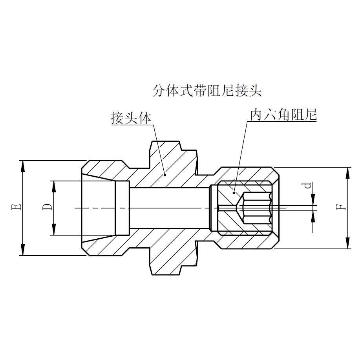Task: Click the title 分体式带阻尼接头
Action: click(x=206, y=91)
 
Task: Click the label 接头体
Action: click(x=131, y=118)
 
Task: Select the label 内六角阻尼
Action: click(x=283, y=115)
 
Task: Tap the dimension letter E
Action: click(x=16, y=207)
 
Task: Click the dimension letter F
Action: click(x=343, y=207)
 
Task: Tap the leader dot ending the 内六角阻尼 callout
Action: click(x=234, y=192)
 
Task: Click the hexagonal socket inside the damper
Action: click(x=257, y=207)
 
